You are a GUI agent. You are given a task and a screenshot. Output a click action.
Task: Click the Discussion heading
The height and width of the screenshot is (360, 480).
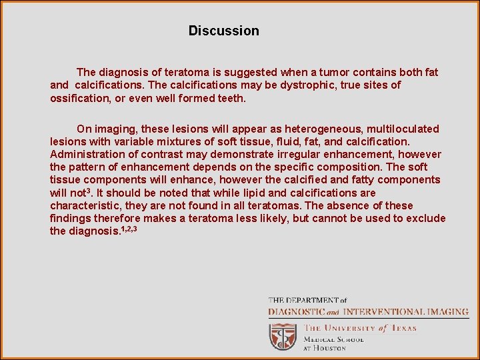(x=223, y=31)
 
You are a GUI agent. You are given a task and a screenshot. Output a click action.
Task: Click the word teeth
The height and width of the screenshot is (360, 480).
(x=231, y=98)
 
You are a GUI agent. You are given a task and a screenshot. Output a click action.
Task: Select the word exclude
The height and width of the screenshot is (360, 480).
(x=424, y=219)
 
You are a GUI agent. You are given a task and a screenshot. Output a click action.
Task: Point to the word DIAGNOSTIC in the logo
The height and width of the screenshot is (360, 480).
(x=296, y=311)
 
